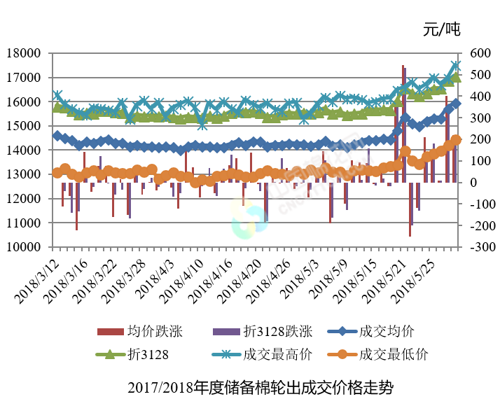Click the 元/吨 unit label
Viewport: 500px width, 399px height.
[442, 29]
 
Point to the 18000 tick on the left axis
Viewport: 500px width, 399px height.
[28, 53]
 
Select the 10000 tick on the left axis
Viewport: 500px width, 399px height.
[28, 247]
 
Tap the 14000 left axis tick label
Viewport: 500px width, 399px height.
[28, 150]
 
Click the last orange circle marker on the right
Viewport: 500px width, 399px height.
[456, 140]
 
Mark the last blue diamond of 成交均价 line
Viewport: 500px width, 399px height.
[456, 104]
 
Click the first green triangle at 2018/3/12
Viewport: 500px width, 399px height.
[57, 106]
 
